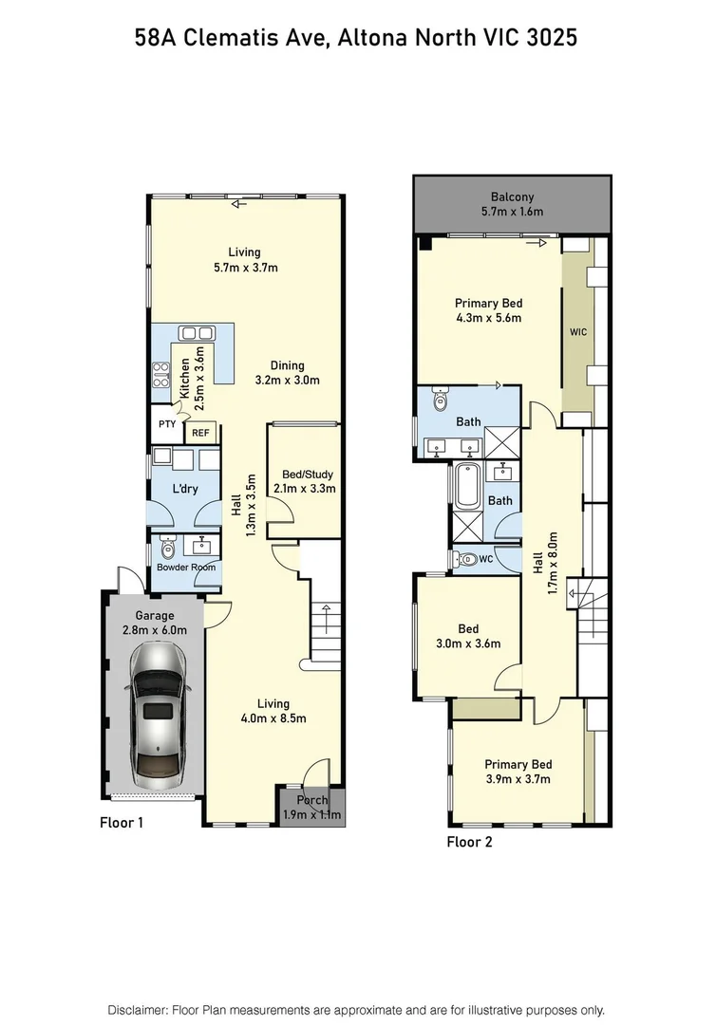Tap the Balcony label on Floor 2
pos(512,196)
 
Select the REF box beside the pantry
pos(200,433)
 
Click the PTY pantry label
pos(166,424)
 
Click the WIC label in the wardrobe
pos(578,333)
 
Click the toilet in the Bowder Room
pos(168,548)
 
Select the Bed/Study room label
pos(303,475)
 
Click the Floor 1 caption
pos(122,823)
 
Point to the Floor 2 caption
pos(469,841)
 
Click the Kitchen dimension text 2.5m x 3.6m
pos(198,377)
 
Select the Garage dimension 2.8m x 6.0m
pos(154,629)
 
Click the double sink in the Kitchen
pos(197,333)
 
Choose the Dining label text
pos(286,365)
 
